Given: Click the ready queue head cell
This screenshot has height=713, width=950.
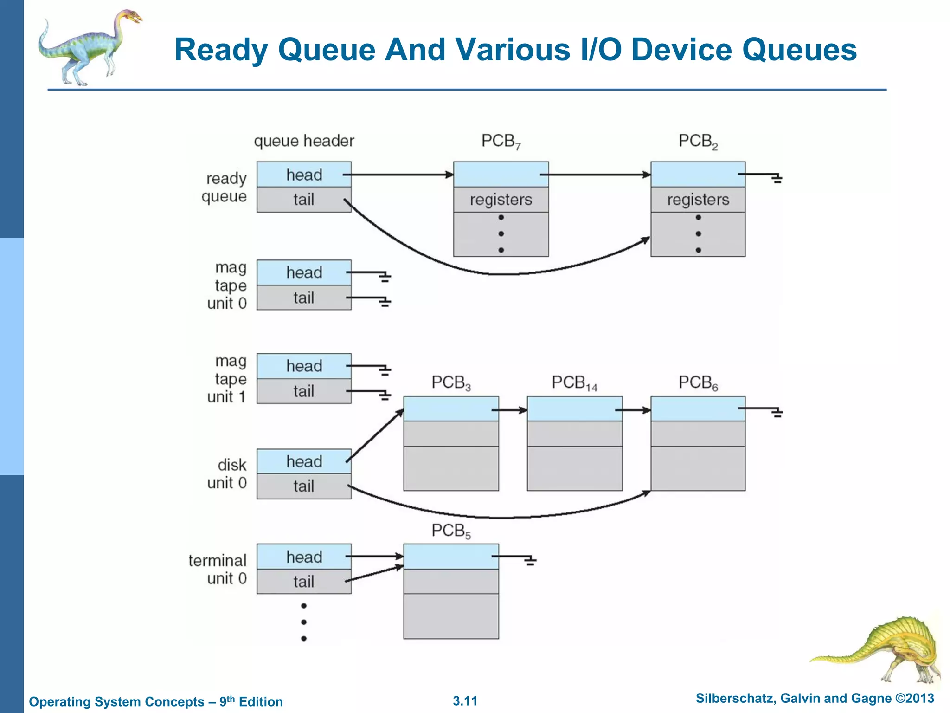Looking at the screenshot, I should pyautogui.click(x=304, y=175).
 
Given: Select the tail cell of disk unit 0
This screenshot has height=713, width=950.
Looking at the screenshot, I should pyautogui.click(x=304, y=486).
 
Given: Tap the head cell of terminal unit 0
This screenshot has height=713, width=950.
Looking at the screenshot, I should pyautogui.click(x=304, y=557).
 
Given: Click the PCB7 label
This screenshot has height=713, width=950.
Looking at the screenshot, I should pyautogui.click(x=501, y=141).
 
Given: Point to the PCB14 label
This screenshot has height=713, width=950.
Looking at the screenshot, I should pyautogui.click(x=574, y=383).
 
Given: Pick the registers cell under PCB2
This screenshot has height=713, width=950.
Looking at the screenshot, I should pyautogui.click(x=698, y=200).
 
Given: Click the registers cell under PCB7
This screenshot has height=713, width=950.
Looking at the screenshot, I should pyautogui.click(x=501, y=200).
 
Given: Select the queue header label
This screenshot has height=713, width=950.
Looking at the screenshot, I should pyautogui.click(x=304, y=141).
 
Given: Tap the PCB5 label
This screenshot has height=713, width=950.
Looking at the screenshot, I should pyautogui.click(x=451, y=531).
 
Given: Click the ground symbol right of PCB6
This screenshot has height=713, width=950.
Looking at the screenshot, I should pyautogui.click(x=777, y=412).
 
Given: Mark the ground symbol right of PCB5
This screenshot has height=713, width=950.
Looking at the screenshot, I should pyautogui.click(x=530, y=561).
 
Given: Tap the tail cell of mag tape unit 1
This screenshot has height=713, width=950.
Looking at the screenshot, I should pyautogui.click(x=304, y=391).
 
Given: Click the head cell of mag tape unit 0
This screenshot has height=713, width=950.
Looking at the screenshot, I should pyautogui.click(x=304, y=272).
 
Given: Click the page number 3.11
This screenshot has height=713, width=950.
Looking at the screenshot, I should pyautogui.click(x=465, y=700).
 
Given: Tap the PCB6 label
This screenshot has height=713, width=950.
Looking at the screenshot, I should pyautogui.click(x=698, y=383).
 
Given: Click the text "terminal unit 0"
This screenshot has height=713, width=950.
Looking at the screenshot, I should pyautogui.click(x=218, y=569).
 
